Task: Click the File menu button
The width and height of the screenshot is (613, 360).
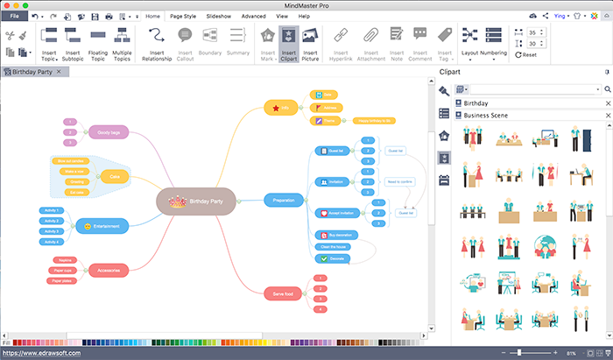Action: (15, 16)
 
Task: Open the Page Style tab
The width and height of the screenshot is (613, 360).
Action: (183, 16)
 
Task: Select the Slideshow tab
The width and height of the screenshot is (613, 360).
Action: (219, 16)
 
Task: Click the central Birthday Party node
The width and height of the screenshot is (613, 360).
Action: (196, 201)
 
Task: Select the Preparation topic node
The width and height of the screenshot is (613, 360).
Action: (284, 201)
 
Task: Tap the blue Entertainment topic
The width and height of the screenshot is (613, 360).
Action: (108, 226)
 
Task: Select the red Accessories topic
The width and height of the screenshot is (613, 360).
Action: (109, 270)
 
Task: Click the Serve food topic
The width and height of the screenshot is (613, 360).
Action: (284, 293)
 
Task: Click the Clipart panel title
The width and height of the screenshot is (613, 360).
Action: (450, 72)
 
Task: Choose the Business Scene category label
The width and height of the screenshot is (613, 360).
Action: (488, 115)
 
